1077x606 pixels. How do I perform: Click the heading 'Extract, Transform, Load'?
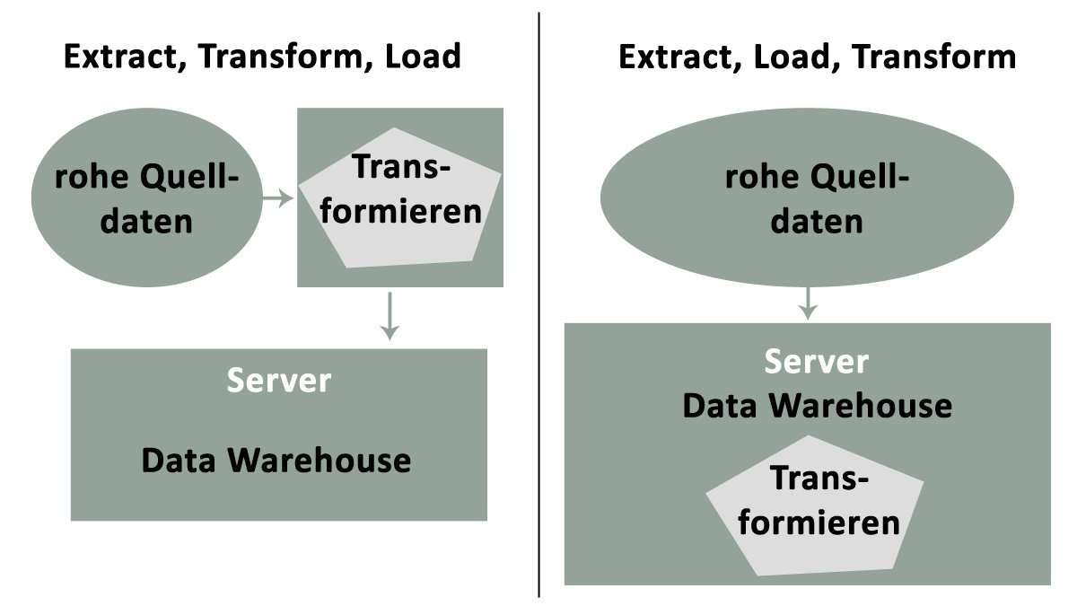[x=261, y=57]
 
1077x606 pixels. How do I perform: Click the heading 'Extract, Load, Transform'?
[x=817, y=57]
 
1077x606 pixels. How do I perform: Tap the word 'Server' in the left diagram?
[x=278, y=380]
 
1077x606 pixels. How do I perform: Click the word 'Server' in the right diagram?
[x=816, y=362]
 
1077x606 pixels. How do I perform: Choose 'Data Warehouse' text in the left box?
[x=276, y=461]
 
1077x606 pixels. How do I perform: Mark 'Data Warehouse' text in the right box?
[x=817, y=406]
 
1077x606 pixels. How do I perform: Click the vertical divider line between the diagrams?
[x=538, y=305]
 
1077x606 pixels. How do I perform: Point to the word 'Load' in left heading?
[x=423, y=57]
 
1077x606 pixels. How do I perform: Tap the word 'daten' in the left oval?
[x=146, y=220]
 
